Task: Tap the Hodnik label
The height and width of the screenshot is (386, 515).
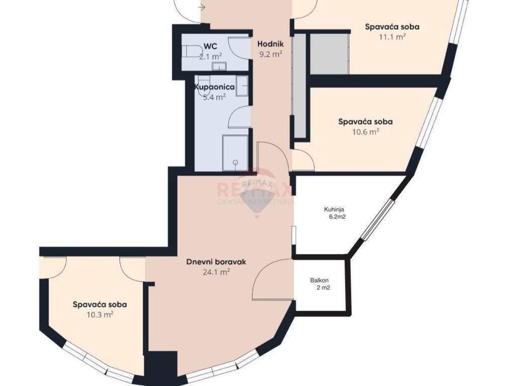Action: point(270,44)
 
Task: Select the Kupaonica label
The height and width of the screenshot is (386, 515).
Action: point(214,87)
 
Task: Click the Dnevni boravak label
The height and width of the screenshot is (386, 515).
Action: point(216,262)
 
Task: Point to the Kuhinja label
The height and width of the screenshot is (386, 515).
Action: point(334,209)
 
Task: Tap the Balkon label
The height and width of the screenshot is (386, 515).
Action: point(319,280)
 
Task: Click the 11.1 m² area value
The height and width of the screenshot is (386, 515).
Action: point(392,37)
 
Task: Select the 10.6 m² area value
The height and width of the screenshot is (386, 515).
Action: point(366,132)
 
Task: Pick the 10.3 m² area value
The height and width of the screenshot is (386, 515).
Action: point(100,315)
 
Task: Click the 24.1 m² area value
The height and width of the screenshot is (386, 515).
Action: point(216,272)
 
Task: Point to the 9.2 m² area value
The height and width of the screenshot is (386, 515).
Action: point(271,54)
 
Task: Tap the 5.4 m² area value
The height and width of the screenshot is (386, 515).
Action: point(214,97)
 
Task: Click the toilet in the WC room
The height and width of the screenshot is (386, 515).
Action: point(192,52)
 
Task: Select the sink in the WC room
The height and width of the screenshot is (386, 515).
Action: point(218,66)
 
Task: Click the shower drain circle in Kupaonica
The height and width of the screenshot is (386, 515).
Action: point(235,162)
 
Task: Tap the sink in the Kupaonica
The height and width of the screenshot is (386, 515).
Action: point(242,86)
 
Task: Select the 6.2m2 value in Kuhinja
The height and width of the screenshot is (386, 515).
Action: point(337,217)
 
